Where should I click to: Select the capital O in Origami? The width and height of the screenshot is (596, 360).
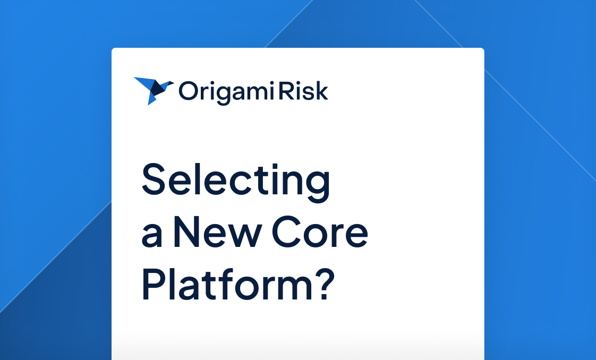[187, 91]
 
